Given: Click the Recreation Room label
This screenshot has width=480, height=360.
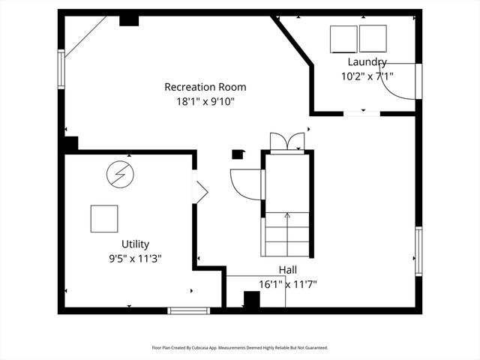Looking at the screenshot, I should [x=205, y=87].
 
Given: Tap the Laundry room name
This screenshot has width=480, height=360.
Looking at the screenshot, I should [x=367, y=61].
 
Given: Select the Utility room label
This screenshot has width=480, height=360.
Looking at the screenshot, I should [x=135, y=244].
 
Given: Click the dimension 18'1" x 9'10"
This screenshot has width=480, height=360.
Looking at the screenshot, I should [x=205, y=101].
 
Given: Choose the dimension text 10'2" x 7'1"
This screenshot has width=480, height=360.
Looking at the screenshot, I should [x=367, y=75].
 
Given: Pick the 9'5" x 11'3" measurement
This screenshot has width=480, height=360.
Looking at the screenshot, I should [x=135, y=258].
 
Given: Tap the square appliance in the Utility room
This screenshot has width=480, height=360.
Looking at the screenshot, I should [x=104, y=219].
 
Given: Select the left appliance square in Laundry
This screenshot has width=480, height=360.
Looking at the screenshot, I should [x=344, y=38].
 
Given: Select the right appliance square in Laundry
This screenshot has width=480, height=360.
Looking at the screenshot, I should [x=373, y=38].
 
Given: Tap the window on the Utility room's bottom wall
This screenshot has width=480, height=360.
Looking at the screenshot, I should [x=188, y=310].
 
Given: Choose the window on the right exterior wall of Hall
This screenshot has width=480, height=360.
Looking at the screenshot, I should [x=418, y=251].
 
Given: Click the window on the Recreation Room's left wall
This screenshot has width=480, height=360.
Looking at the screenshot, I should [x=61, y=70].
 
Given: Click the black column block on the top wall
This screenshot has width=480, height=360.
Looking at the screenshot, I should [x=129, y=19].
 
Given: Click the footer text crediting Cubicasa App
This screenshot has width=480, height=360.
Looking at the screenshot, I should [x=240, y=348].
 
